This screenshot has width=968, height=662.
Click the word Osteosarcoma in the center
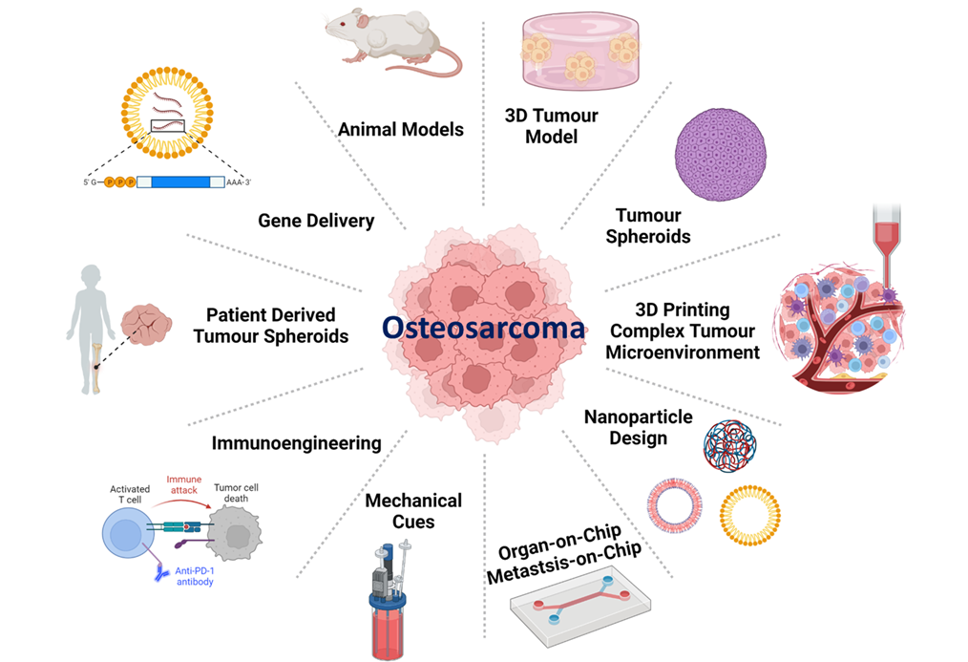tap(483, 328)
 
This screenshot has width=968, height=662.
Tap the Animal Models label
tap(401, 129)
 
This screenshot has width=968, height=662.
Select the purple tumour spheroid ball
tap(720, 154)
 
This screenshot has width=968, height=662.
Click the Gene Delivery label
tap(316, 221)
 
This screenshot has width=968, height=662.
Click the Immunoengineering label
tap(296, 442)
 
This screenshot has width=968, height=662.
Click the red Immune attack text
tap(184, 484)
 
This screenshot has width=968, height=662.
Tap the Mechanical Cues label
tap(413, 511)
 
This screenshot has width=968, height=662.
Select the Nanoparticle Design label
tap(625, 427)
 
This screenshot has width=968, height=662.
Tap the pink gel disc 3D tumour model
tap(579, 53)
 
